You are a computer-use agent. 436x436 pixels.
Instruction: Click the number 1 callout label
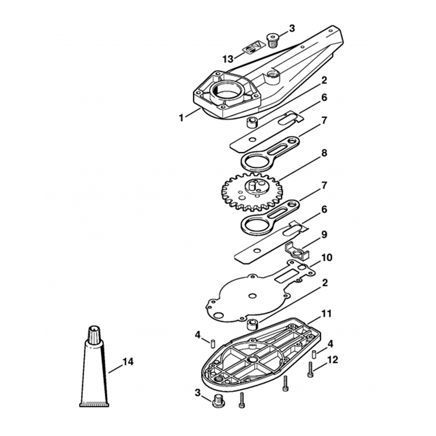181,117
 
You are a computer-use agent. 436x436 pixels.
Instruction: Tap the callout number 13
228,59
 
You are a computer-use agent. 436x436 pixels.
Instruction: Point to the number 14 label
128,362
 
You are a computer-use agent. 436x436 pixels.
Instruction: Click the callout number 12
332,360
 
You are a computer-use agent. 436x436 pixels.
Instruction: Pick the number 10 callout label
327,258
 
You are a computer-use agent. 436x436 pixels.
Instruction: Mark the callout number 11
327,313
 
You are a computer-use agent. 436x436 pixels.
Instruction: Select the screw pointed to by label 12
310,370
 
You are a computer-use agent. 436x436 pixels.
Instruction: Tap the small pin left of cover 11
212,343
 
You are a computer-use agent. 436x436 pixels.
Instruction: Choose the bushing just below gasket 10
252,325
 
